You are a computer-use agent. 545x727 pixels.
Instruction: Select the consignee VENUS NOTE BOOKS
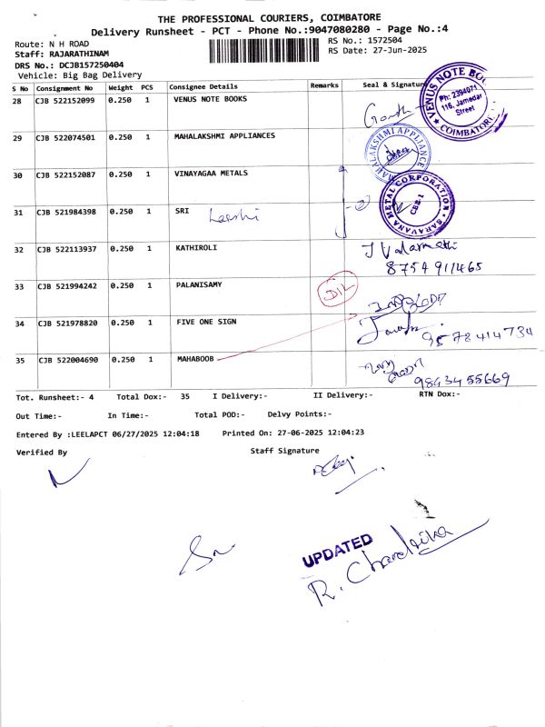coord(210,99)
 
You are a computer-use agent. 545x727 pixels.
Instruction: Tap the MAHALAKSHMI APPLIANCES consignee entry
coord(223,136)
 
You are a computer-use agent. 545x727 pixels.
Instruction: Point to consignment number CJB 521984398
coord(65,212)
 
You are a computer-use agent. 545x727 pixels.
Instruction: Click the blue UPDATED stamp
coord(336,552)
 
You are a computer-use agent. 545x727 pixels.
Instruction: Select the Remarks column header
coord(324,85)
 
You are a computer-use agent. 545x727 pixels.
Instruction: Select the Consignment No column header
coord(64,88)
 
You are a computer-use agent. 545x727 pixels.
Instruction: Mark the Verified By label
coord(41,452)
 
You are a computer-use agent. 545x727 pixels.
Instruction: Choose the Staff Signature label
coord(284,451)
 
